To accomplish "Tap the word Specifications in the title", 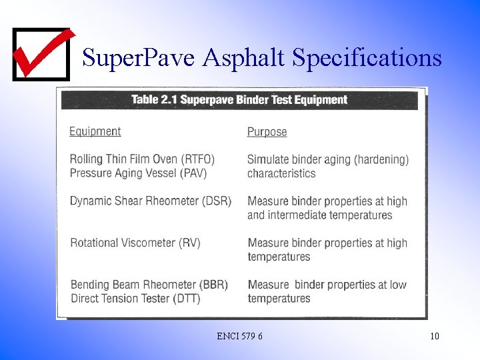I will [367, 58].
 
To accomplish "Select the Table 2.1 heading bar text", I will [239, 100].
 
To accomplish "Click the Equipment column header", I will [95, 131].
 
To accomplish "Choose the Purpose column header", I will [267, 132].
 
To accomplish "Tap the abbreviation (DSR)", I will [216, 201].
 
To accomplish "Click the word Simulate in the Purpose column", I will [269, 159].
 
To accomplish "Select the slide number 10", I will [434, 336].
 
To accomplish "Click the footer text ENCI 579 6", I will [239, 336].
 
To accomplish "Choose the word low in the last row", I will [398, 285].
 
